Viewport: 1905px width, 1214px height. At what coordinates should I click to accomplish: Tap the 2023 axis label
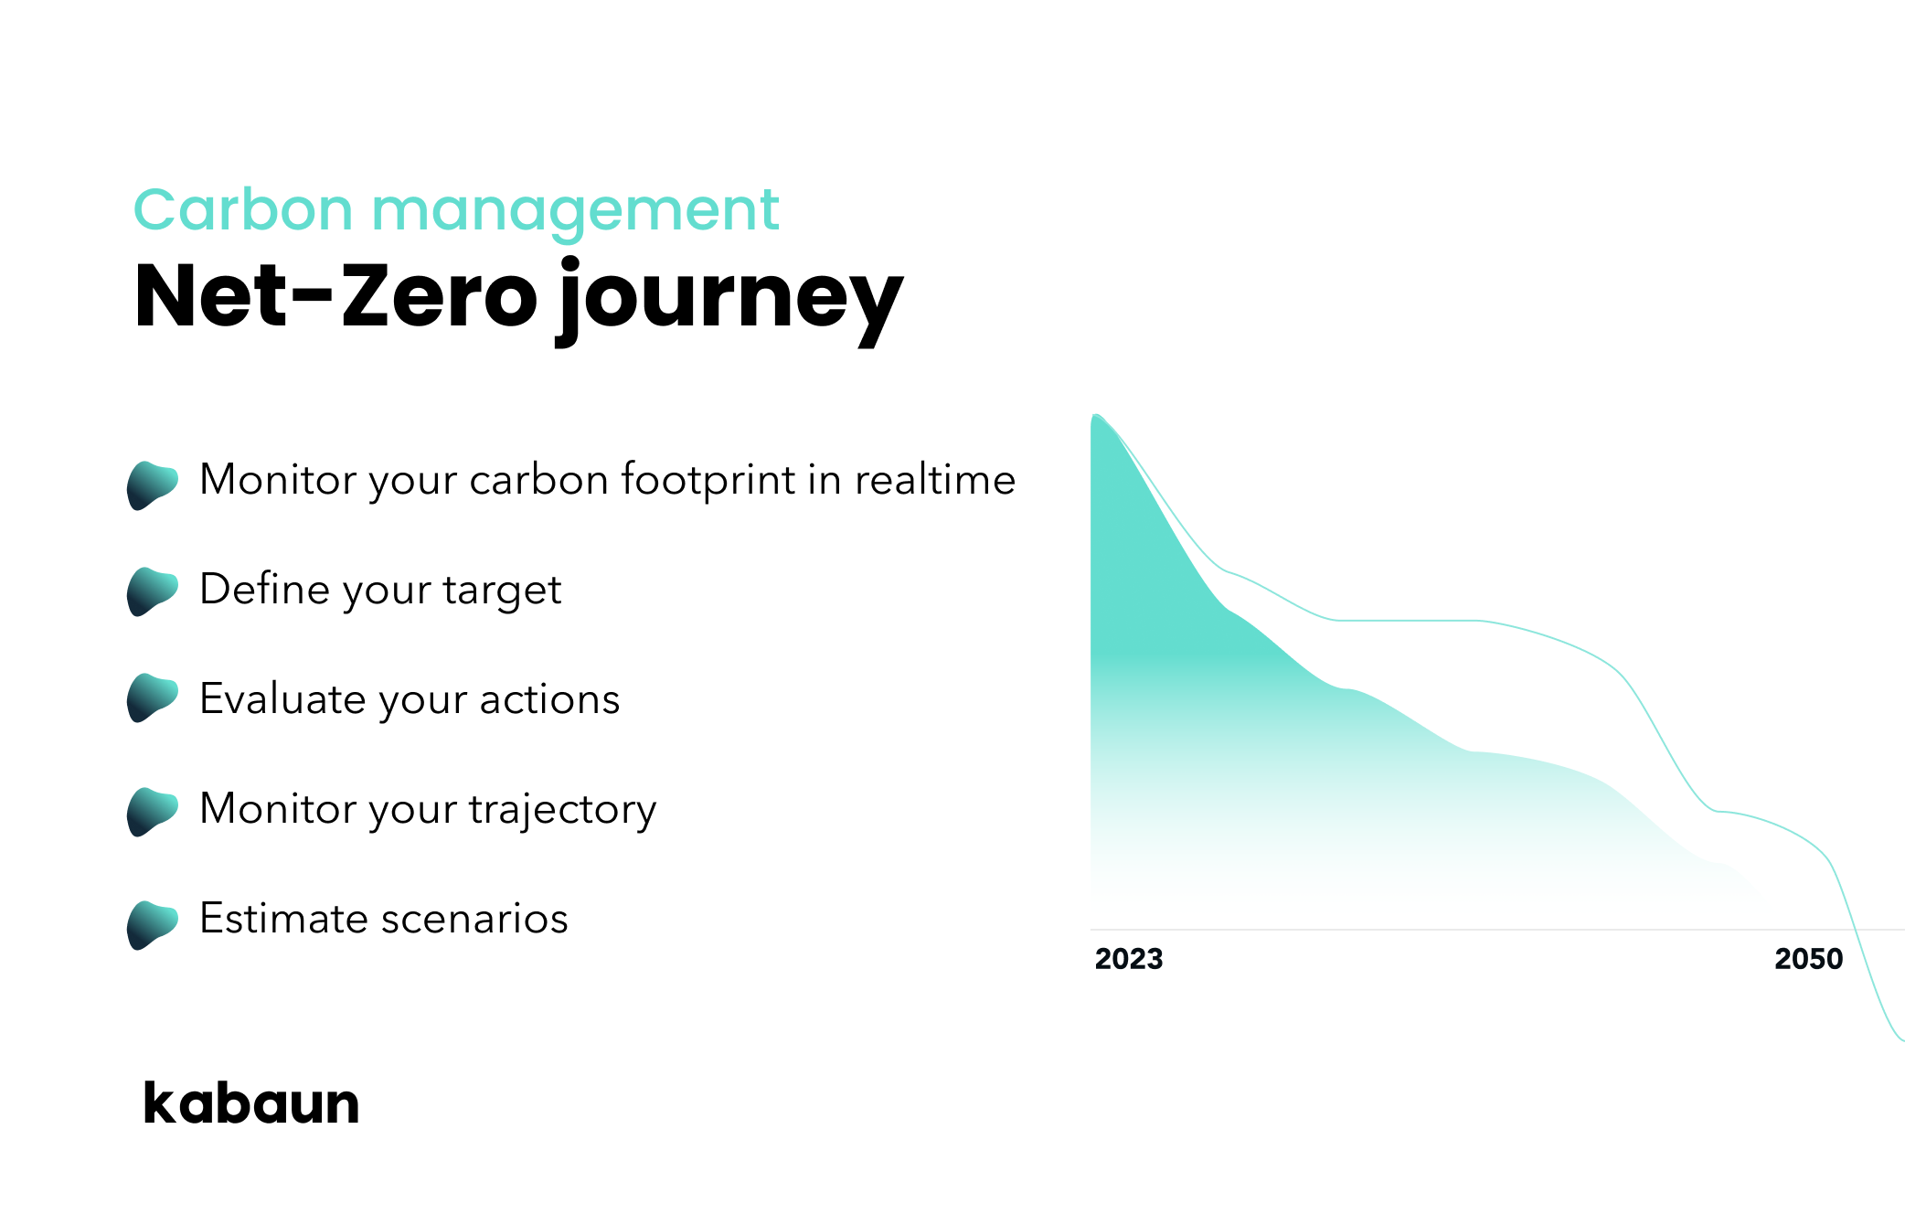[1129, 959]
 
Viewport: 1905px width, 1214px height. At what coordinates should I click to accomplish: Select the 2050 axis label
[1808, 959]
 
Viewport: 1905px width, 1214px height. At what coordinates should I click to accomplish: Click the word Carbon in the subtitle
[243, 209]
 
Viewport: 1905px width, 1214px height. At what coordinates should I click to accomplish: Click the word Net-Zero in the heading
[336, 294]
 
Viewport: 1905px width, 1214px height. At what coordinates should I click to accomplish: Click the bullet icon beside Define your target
[152, 591]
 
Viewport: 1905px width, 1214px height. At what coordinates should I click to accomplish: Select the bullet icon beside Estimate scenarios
[152, 925]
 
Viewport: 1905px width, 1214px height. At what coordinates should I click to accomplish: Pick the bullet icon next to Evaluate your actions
[152, 698]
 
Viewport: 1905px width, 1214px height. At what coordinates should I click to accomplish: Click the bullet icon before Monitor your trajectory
[152, 812]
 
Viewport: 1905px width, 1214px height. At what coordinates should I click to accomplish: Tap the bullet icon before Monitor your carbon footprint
[152, 485]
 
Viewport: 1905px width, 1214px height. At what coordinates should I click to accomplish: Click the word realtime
[935, 479]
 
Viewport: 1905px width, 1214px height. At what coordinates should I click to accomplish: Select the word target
[502, 591]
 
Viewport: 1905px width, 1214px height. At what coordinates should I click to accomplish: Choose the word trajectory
[563, 810]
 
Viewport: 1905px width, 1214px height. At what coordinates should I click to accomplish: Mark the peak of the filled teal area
[1096, 416]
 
